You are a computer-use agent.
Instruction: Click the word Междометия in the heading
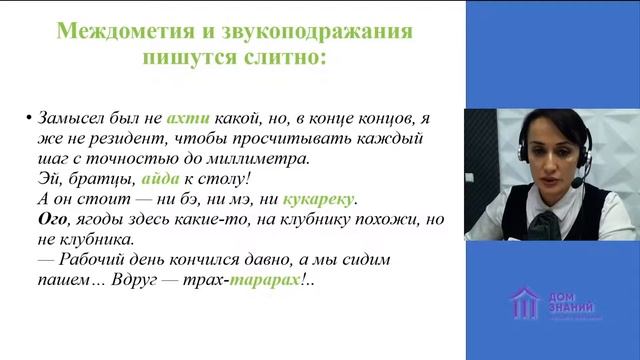(108, 32)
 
